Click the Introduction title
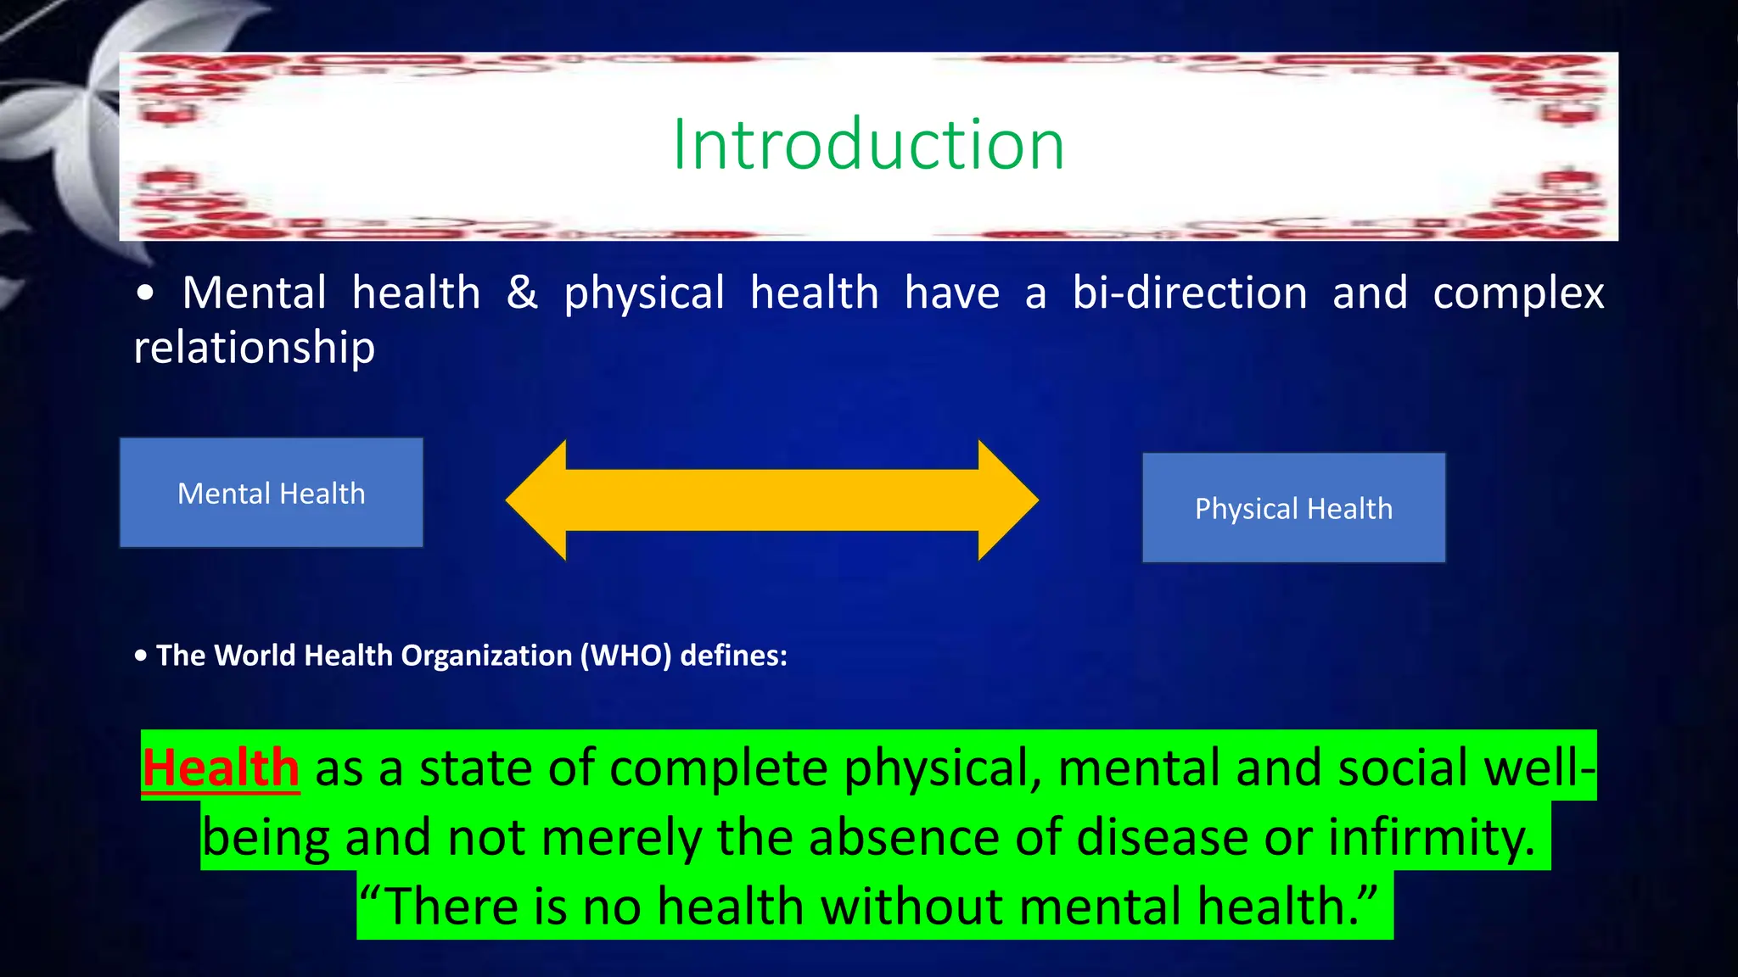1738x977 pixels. pos(868,145)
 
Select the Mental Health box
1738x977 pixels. pos(272,493)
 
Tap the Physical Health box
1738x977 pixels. pos(1293,508)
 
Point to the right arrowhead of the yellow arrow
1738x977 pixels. pos(1007,500)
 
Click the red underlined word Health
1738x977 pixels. pos(221,768)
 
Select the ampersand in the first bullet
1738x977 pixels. pos(522,293)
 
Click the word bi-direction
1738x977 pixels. pos(1189,293)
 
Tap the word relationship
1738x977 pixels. pos(255,348)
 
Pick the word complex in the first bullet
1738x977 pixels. pos(1518,294)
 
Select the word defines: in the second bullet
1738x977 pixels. pos(734,656)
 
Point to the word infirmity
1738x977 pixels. pos(1431,837)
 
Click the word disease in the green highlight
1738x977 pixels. pos(1163,837)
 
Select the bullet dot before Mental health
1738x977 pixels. pos(146,293)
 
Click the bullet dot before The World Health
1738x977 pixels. pos(141,656)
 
